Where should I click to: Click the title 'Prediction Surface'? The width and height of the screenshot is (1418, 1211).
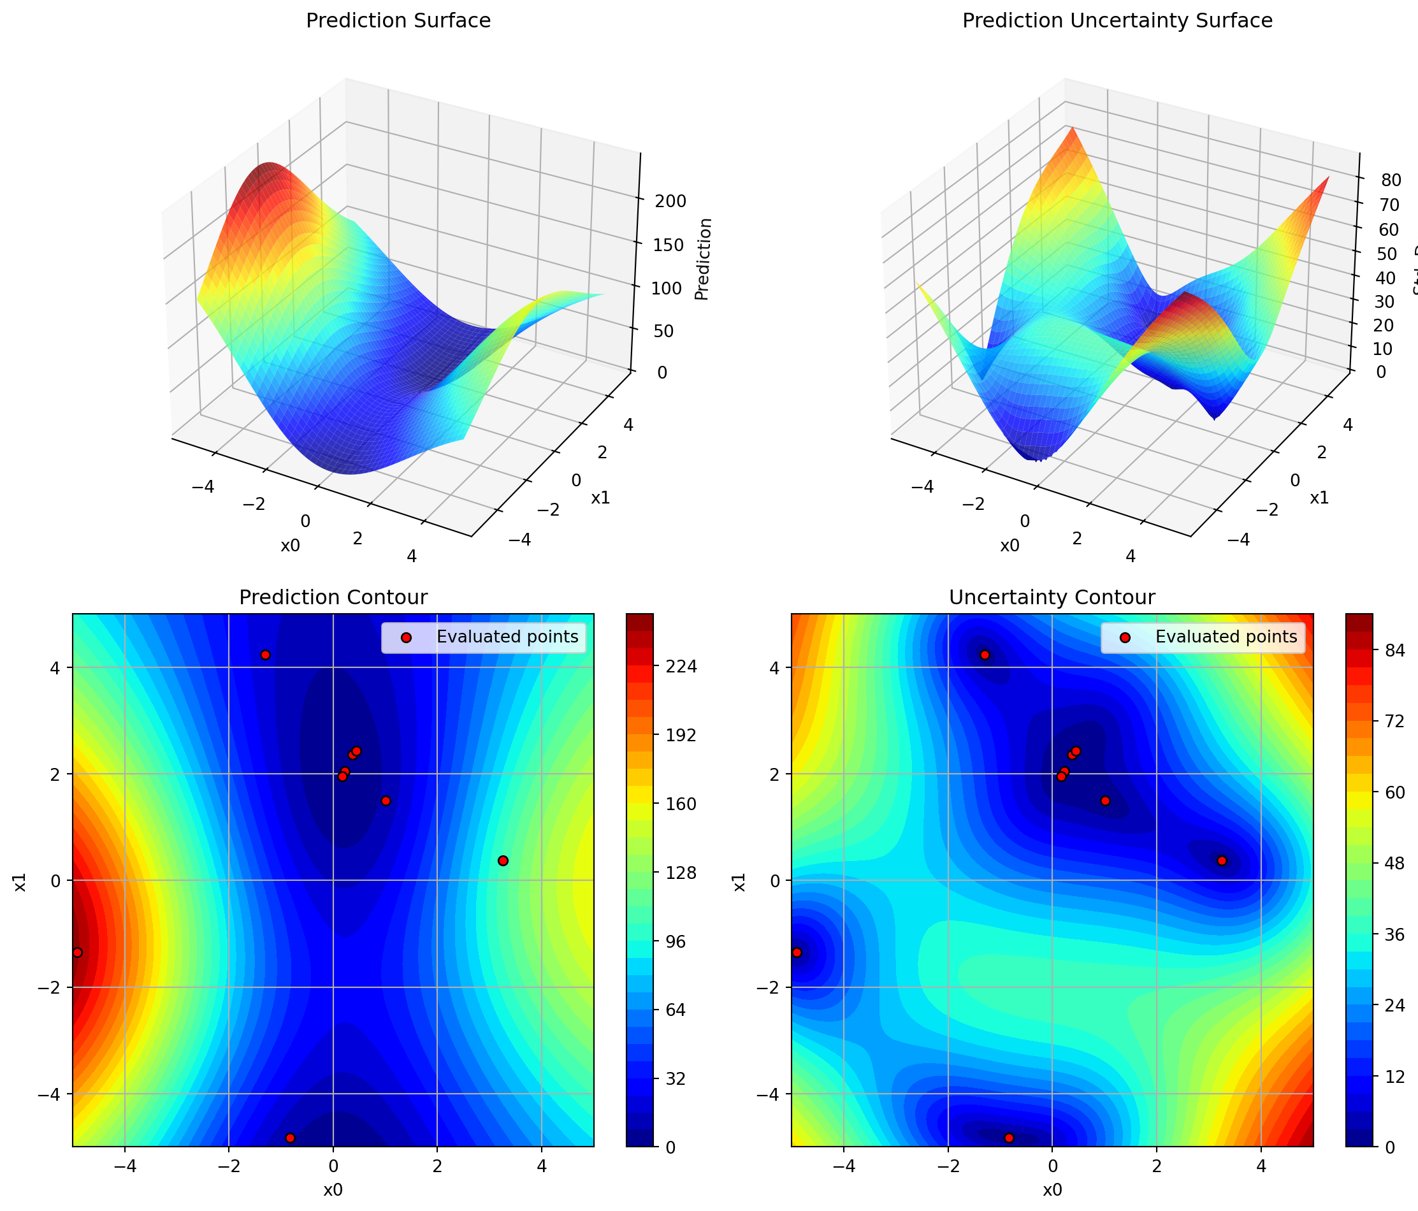pos(398,20)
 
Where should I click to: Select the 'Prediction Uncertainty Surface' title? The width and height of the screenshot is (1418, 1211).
pos(1117,20)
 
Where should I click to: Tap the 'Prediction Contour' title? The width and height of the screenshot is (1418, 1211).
pos(333,598)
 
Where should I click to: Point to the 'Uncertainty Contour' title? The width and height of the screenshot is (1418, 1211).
pos(1052,598)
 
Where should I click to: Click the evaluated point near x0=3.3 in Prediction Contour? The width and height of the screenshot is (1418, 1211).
pos(503,860)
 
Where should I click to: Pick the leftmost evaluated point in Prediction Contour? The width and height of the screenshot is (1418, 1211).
pos(77,952)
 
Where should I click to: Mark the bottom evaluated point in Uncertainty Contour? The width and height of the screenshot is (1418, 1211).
pos(1009,1138)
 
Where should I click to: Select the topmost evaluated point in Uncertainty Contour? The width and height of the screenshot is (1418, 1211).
pos(985,655)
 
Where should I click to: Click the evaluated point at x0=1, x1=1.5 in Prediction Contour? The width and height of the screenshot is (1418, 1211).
pos(386,801)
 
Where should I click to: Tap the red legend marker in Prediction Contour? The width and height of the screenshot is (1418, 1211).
pos(406,637)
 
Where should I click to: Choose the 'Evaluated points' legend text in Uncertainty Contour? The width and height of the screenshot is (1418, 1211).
pos(1226,637)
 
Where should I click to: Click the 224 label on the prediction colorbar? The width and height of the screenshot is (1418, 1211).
pos(683,666)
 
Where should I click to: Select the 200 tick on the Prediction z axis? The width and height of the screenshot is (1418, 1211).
pos(670,201)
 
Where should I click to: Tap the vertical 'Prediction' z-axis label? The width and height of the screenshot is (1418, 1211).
pos(703,259)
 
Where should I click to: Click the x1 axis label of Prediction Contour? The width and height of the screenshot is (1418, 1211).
pos(20,881)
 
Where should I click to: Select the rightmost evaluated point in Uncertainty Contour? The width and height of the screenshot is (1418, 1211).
pos(1222,860)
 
